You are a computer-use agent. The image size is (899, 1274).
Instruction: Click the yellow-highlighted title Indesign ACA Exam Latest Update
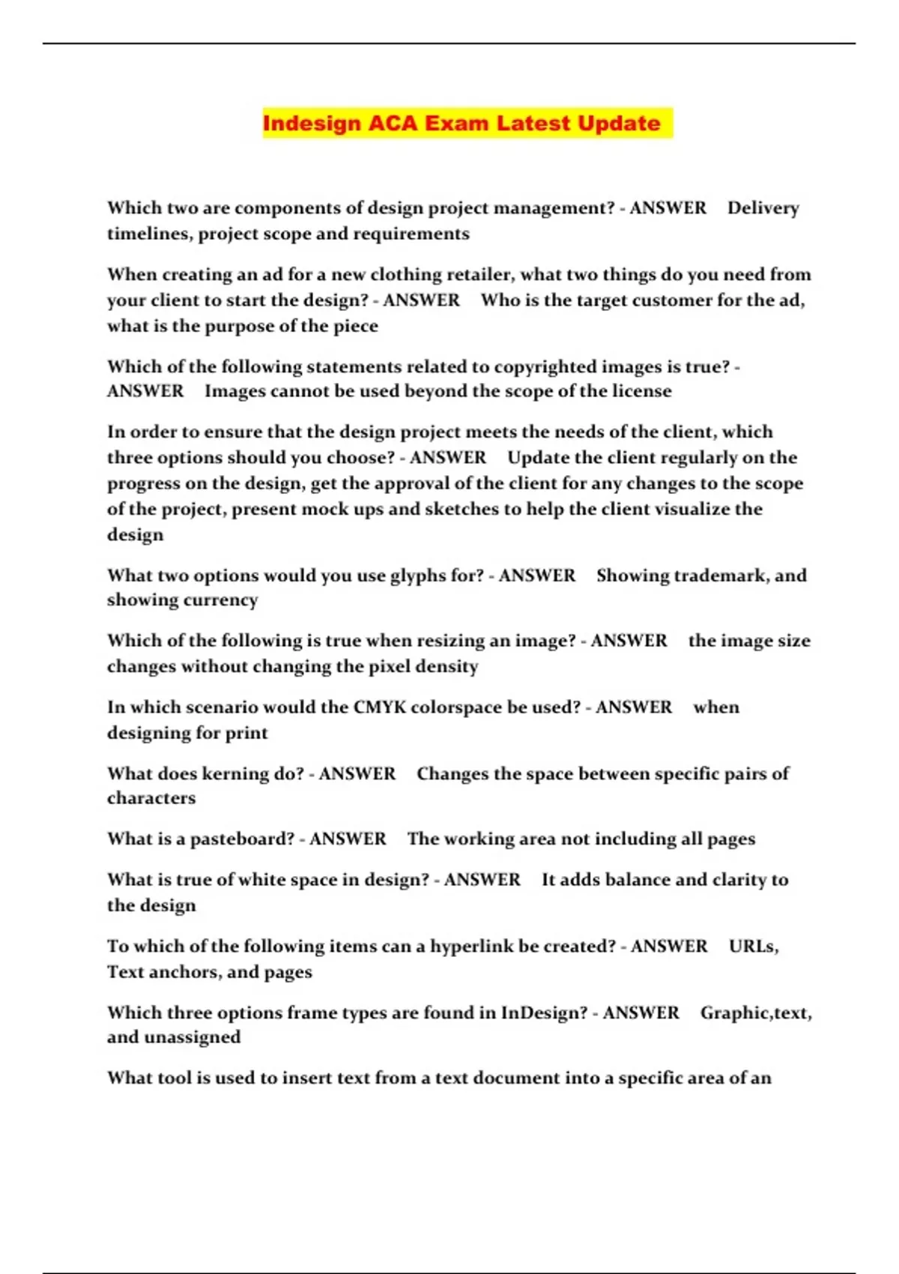click(x=461, y=123)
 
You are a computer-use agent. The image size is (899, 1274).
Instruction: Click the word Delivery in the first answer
click(x=763, y=208)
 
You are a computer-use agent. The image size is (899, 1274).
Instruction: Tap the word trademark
click(x=718, y=576)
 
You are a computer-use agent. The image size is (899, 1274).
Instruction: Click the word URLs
click(x=753, y=947)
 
